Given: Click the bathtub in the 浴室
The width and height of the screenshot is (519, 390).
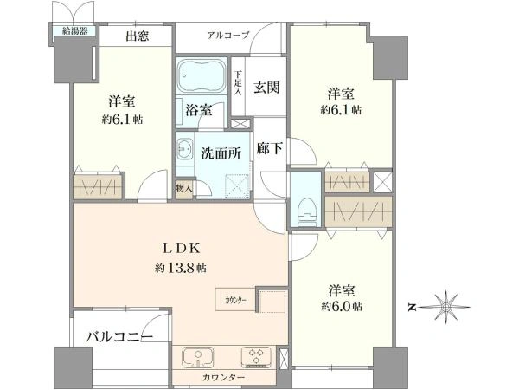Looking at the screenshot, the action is (x=202, y=76).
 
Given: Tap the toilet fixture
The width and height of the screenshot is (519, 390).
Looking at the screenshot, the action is (x=307, y=212).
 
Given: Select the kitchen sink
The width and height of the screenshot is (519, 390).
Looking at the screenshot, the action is (x=197, y=357).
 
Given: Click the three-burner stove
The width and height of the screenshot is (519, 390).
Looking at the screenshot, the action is (x=257, y=356).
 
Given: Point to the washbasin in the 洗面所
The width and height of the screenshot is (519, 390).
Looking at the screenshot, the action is (x=184, y=148).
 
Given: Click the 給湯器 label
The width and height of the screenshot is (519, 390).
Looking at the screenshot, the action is (x=75, y=31).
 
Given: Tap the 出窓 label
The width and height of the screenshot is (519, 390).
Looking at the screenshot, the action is (x=137, y=36).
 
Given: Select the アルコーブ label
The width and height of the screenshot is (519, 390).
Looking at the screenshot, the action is (x=228, y=36).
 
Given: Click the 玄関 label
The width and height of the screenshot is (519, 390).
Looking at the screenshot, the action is (x=266, y=88).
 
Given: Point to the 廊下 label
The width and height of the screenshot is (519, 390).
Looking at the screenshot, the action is (x=269, y=148).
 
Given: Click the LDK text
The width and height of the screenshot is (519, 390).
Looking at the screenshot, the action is (x=182, y=248).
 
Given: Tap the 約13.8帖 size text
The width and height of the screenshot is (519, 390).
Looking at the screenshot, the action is (x=181, y=267).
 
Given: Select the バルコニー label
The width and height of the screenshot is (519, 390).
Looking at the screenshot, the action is (x=120, y=337).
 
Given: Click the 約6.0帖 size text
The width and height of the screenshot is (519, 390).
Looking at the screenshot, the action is (x=342, y=306).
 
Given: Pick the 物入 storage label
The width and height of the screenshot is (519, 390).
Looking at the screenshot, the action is (x=184, y=188).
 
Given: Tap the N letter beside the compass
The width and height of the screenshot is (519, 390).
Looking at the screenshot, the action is (x=412, y=308).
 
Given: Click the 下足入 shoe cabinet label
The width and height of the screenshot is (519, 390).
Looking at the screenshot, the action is (x=239, y=83).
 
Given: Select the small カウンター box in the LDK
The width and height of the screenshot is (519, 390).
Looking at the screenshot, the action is (x=235, y=300).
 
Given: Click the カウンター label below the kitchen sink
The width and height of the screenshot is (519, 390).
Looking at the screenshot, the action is (x=224, y=377).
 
